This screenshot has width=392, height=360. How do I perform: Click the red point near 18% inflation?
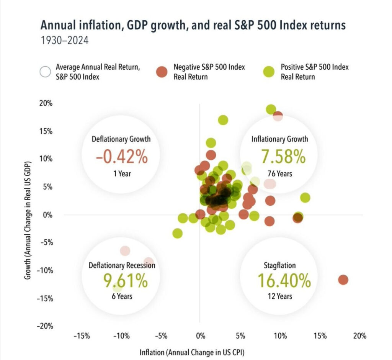point(343,280)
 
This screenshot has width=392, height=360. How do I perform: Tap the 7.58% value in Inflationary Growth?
point(283,156)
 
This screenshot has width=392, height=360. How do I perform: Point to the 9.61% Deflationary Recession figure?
point(125,281)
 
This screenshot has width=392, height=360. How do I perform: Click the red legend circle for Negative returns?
point(162,72)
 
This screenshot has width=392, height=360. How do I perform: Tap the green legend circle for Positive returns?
point(269,72)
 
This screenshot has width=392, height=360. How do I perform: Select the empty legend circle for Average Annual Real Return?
point(45,72)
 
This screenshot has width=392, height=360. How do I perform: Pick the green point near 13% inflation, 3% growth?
point(305,198)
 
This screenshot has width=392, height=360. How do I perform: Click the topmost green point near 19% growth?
point(271,110)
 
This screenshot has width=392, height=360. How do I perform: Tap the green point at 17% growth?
point(223,120)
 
